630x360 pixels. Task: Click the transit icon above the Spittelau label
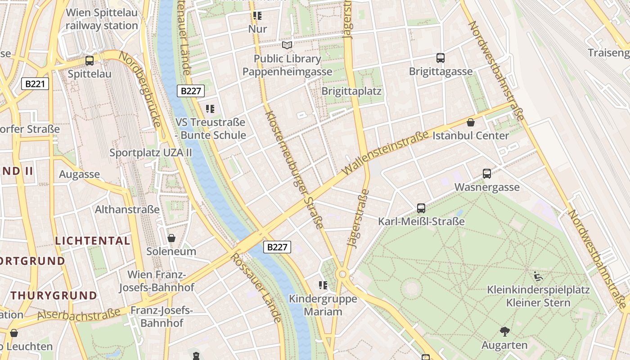pos(90,60)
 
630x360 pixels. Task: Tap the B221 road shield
pos(35,84)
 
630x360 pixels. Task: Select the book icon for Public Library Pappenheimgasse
pos(287,45)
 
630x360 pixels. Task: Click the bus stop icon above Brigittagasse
pos(441,58)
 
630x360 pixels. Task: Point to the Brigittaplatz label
pos(351,91)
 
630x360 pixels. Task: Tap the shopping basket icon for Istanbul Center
pos(471,122)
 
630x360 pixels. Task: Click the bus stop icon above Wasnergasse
pos(487,174)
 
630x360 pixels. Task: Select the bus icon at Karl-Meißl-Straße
pos(421,208)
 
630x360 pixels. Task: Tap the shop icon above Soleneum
pos(171,238)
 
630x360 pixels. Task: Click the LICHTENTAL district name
pos(93,241)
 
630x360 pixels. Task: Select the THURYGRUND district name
pos(54,296)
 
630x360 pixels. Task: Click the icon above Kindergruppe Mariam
pos(323,285)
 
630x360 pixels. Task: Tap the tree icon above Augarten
pos(504,332)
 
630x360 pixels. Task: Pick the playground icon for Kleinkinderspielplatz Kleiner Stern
pos(538,276)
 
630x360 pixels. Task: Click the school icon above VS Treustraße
pos(210,109)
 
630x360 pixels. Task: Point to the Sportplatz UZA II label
pos(151,153)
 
